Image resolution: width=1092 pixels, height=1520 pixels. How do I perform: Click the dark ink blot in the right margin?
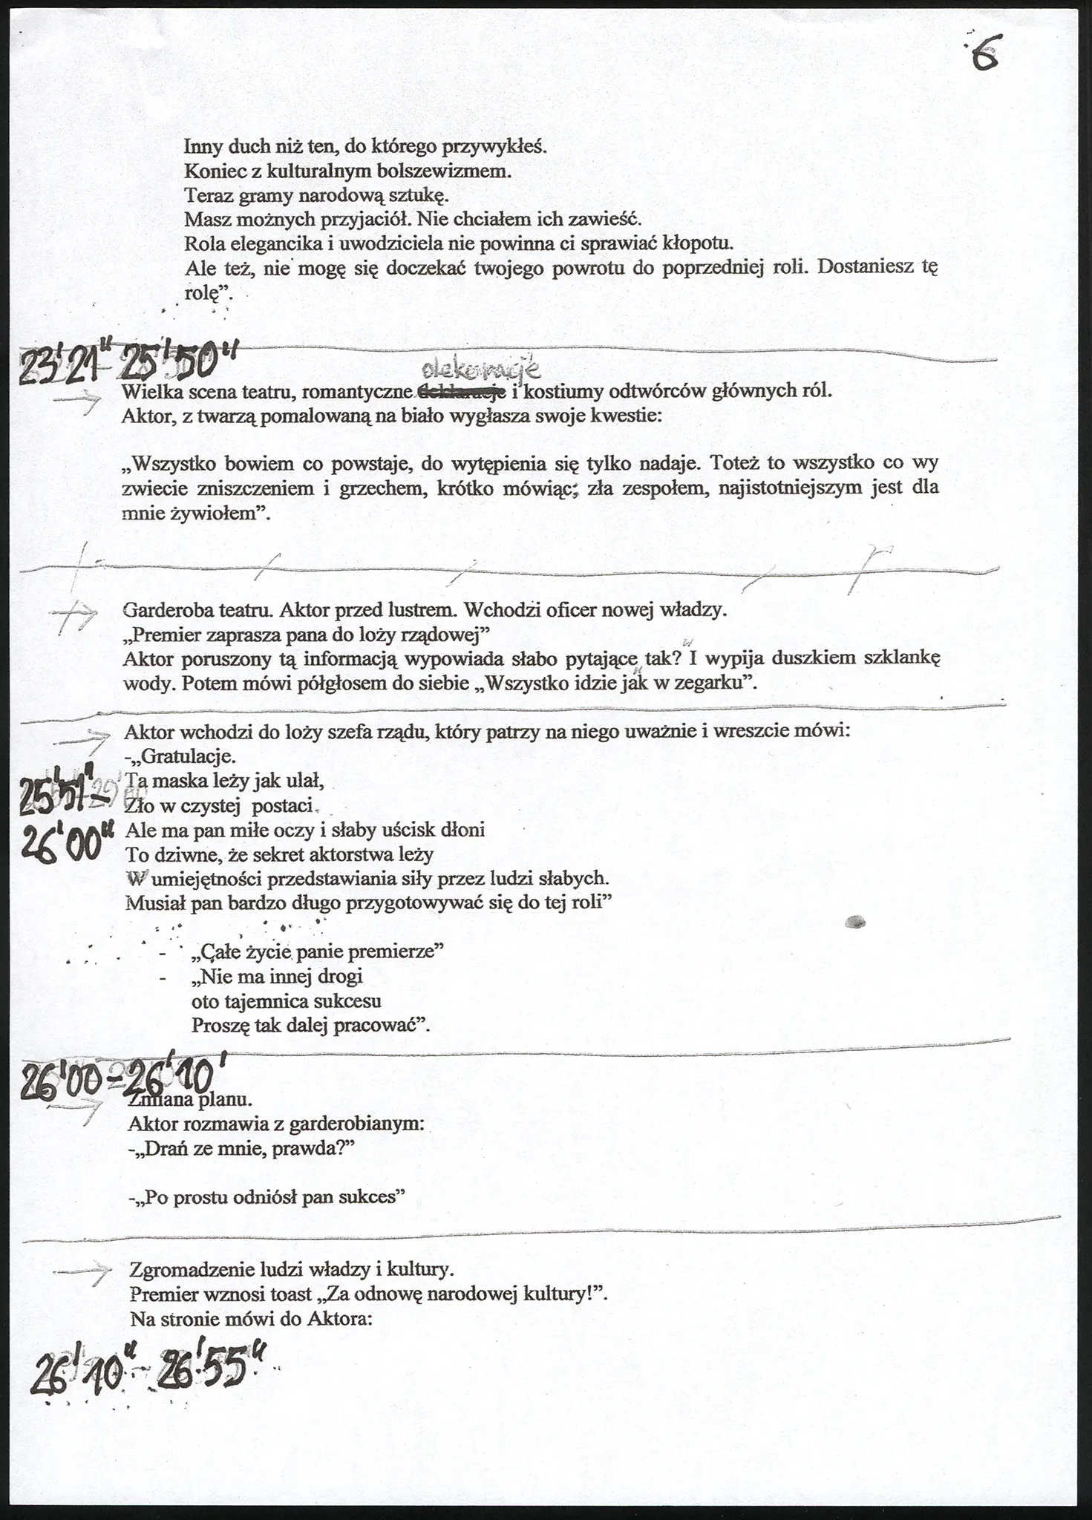(856, 923)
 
